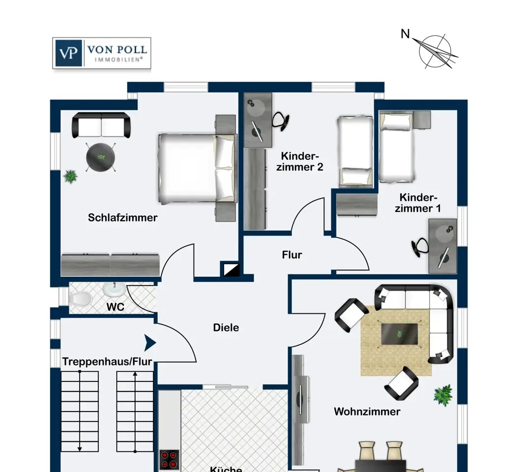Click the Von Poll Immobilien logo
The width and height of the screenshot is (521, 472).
click(x=102, y=53)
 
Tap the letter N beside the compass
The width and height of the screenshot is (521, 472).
click(x=405, y=34)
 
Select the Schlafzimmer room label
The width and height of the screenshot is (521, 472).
click(x=122, y=218)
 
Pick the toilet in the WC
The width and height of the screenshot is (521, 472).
click(x=81, y=298)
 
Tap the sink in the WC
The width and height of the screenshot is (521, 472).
click(x=114, y=289)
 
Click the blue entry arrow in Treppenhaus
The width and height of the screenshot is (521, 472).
click(x=150, y=343)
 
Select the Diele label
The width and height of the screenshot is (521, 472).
click(x=226, y=328)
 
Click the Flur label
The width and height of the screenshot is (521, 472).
click(x=292, y=255)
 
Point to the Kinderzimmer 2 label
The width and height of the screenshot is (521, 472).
click(x=300, y=162)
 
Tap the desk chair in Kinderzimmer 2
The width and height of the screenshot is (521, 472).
click(x=281, y=121)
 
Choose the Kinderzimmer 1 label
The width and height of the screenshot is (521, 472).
click(x=418, y=203)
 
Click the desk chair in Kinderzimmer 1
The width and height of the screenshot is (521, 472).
click(x=420, y=247)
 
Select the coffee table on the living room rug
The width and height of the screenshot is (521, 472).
click(x=399, y=334)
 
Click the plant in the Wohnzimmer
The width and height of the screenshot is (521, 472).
click(x=443, y=395)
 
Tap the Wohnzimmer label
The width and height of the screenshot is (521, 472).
click(x=367, y=412)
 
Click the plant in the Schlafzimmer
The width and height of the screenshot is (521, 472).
click(x=70, y=177)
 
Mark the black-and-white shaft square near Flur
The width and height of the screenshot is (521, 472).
click(x=232, y=269)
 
